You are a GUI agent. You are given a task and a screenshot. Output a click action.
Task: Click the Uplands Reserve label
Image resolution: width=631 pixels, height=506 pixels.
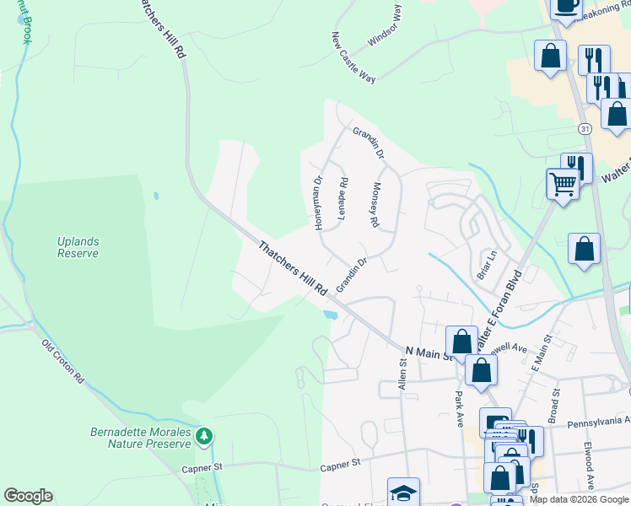click(78, 247)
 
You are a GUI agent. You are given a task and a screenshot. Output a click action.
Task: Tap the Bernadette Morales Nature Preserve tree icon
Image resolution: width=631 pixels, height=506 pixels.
click(202, 437)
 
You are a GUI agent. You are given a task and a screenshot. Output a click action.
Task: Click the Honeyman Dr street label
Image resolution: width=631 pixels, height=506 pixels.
click(319, 203)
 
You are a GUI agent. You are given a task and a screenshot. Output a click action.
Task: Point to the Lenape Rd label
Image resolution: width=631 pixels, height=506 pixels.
click(342, 198)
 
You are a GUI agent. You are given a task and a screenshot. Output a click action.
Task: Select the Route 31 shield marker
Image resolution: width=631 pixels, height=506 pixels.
click(585, 129)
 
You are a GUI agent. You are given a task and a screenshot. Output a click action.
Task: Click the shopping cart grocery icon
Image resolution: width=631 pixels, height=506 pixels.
click(562, 182)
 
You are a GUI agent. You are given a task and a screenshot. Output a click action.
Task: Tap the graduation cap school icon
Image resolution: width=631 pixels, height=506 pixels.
click(403, 493)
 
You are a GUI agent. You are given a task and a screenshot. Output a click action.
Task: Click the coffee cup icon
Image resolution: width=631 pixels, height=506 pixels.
click(566, 7)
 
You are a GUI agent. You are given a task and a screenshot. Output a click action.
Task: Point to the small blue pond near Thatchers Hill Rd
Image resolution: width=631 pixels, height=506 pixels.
click(330, 315)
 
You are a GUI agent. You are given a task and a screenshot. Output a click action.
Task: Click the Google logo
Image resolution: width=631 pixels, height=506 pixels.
click(28, 496)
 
